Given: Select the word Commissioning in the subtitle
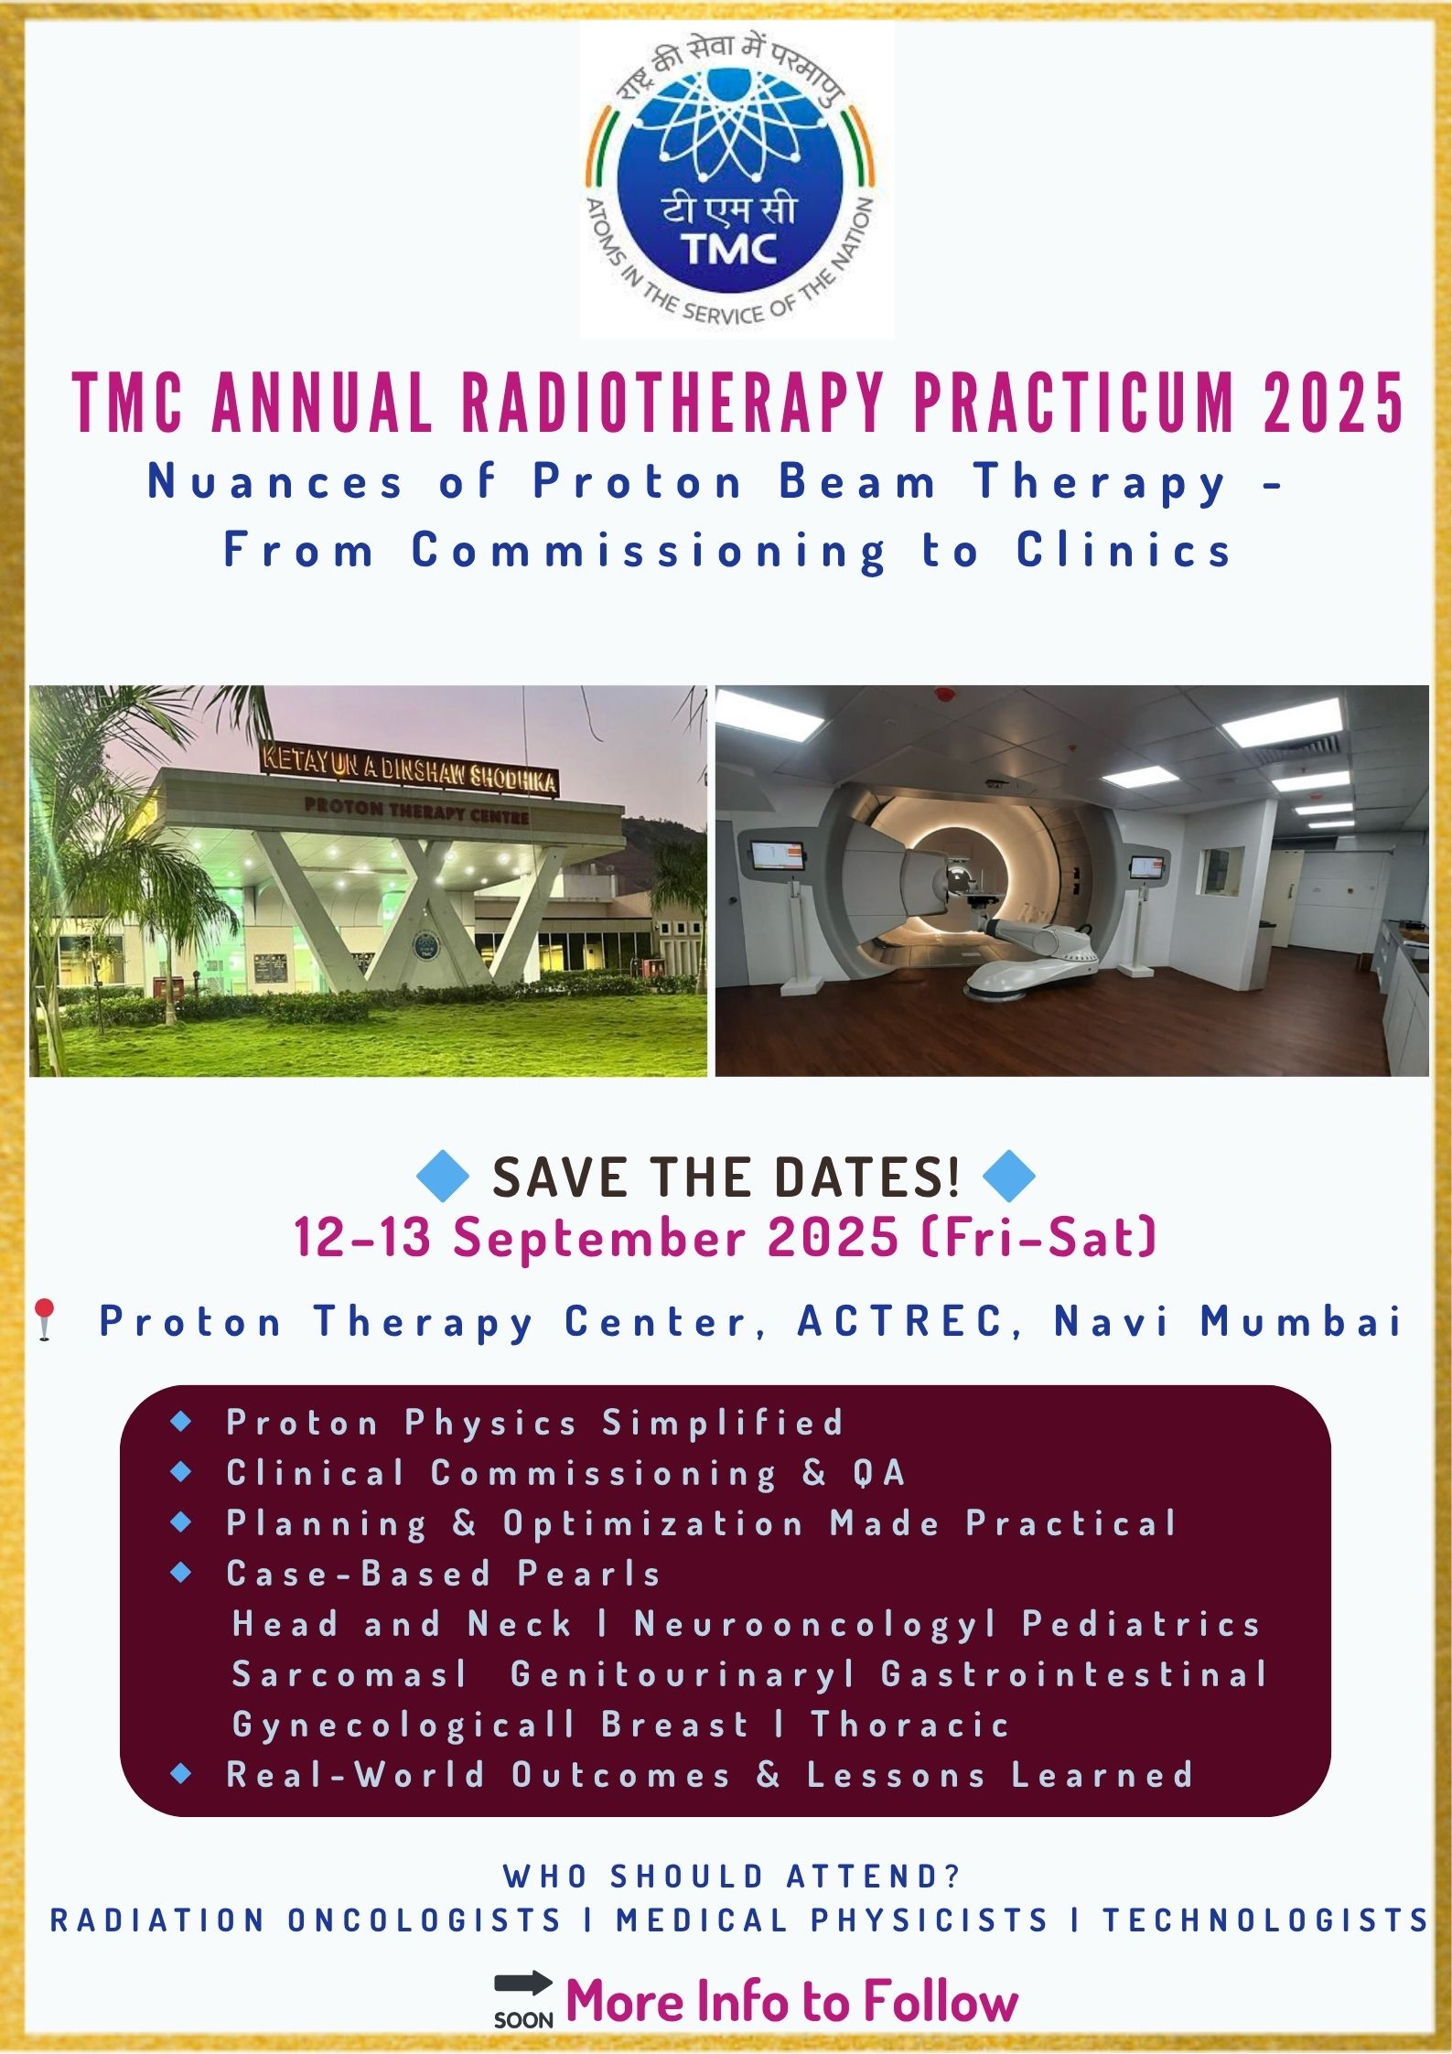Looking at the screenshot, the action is click(x=649, y=551).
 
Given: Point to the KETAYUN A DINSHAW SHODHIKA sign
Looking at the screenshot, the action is click(x=408, y=769).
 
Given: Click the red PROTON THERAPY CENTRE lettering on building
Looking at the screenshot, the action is click(x=416, y=810).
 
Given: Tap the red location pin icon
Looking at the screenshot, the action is click(x=45, y=1320).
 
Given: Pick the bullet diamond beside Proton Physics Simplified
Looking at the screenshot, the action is click(x=181, y=1421).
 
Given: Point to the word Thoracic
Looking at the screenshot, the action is click(x=910, y=1724).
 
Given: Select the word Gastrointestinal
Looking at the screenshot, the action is click(x=1074, y=1673).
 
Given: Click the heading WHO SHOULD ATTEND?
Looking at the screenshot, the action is click(x=731, y=1876).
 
